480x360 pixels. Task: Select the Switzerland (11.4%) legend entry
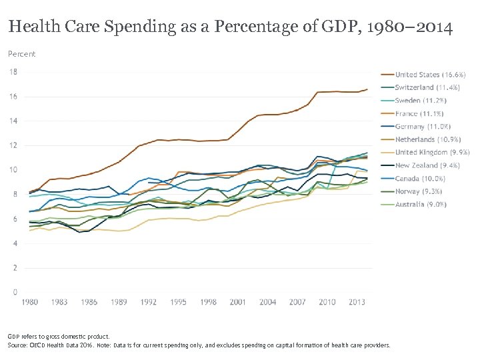point(421,87)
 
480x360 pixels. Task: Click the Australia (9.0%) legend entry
point(421,204)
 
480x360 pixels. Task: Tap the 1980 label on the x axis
point(30,302)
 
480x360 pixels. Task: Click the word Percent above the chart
point(22,54)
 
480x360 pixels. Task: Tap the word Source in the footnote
point(17,345)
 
